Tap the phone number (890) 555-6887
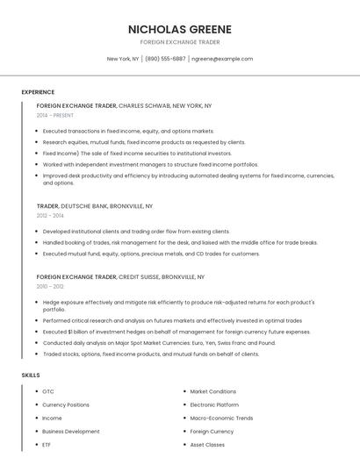point(165,59)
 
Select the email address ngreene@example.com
point(222,59)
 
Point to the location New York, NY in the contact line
point(123,59)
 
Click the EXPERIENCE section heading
point(38,92)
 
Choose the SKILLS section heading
point(31,375)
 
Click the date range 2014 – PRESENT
point(56,115)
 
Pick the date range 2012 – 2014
point(50,215)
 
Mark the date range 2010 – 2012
point(50,286)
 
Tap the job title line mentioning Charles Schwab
point(124,105)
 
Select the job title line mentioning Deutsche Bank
point(95,205)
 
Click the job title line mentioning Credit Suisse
point(120,276)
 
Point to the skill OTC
point(48,391)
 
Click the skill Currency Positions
point(66,404)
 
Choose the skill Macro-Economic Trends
point(221,418)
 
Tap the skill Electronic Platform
point(214,404)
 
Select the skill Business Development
point(71,431)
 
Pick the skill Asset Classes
point(207,444)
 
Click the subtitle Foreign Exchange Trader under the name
point(179,42)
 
